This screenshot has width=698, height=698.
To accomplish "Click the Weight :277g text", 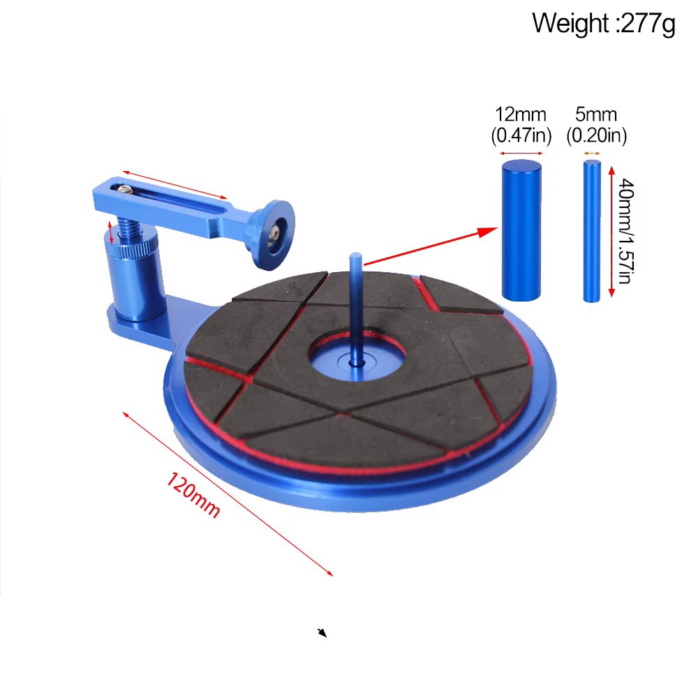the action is point(604,23).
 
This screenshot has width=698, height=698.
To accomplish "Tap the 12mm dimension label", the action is point(521,115).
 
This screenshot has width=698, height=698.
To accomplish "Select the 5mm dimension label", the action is point(596,115).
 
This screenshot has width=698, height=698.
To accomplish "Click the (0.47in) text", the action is point(521,135).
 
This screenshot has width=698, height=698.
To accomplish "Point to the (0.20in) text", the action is point(597,135).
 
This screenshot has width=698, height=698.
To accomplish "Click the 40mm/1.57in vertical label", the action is point(626,231).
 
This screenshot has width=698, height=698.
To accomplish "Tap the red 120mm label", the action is point(193,495).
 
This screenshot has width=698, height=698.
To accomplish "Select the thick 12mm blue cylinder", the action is point(521,230).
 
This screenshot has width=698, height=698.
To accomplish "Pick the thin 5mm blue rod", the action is point(592,232).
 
